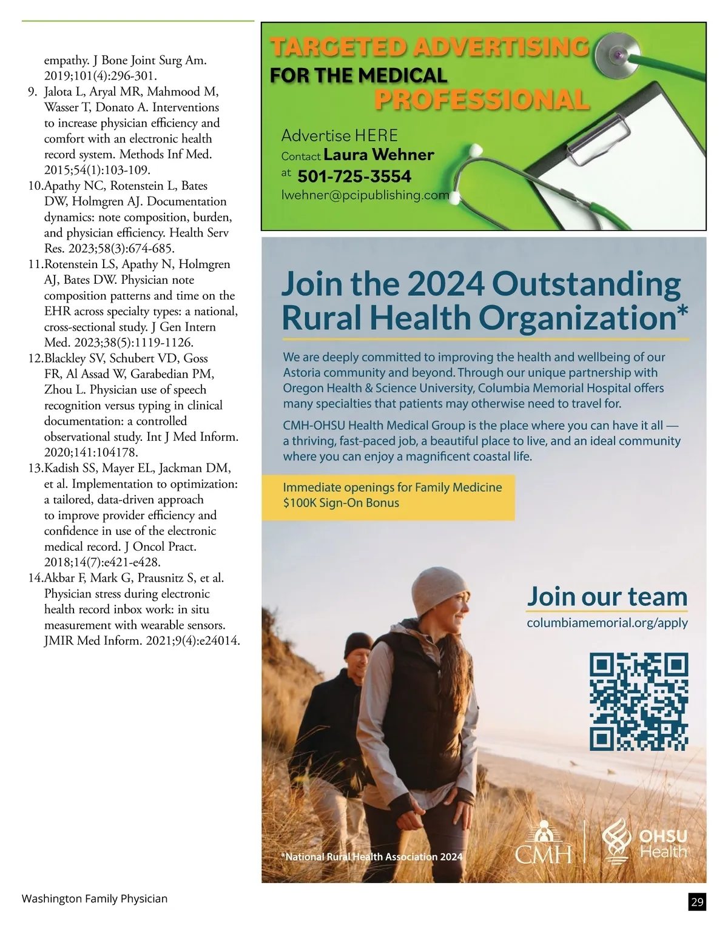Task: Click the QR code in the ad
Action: pyautogui.click(x=639, y=701)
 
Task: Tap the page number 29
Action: pyautogui.click(x=697, y=902)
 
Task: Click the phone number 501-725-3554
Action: pyautogui.click(x=354, y=176)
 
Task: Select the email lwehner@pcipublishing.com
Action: pyautogui.click(x=365, y=195)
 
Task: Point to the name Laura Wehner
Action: pyautogui.click(x=379, y=155)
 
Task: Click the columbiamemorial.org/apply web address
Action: pyautogui.click(x=607, y=623)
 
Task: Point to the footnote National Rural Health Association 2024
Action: pyautogui.click(x=372, y=857)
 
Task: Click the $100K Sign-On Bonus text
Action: pyautogui.click(x=341, y=503)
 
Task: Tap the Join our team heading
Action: pyautogui.click(x=607, y=597)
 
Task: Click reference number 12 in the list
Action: pyautogui.click(x=35, y=358)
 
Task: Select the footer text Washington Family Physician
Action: pyautogui.click(x=95, y=899)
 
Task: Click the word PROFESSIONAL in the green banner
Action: pyautogui.click(x=482, y=100)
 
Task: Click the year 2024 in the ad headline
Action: pyautogui.click(x=445, y=284)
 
